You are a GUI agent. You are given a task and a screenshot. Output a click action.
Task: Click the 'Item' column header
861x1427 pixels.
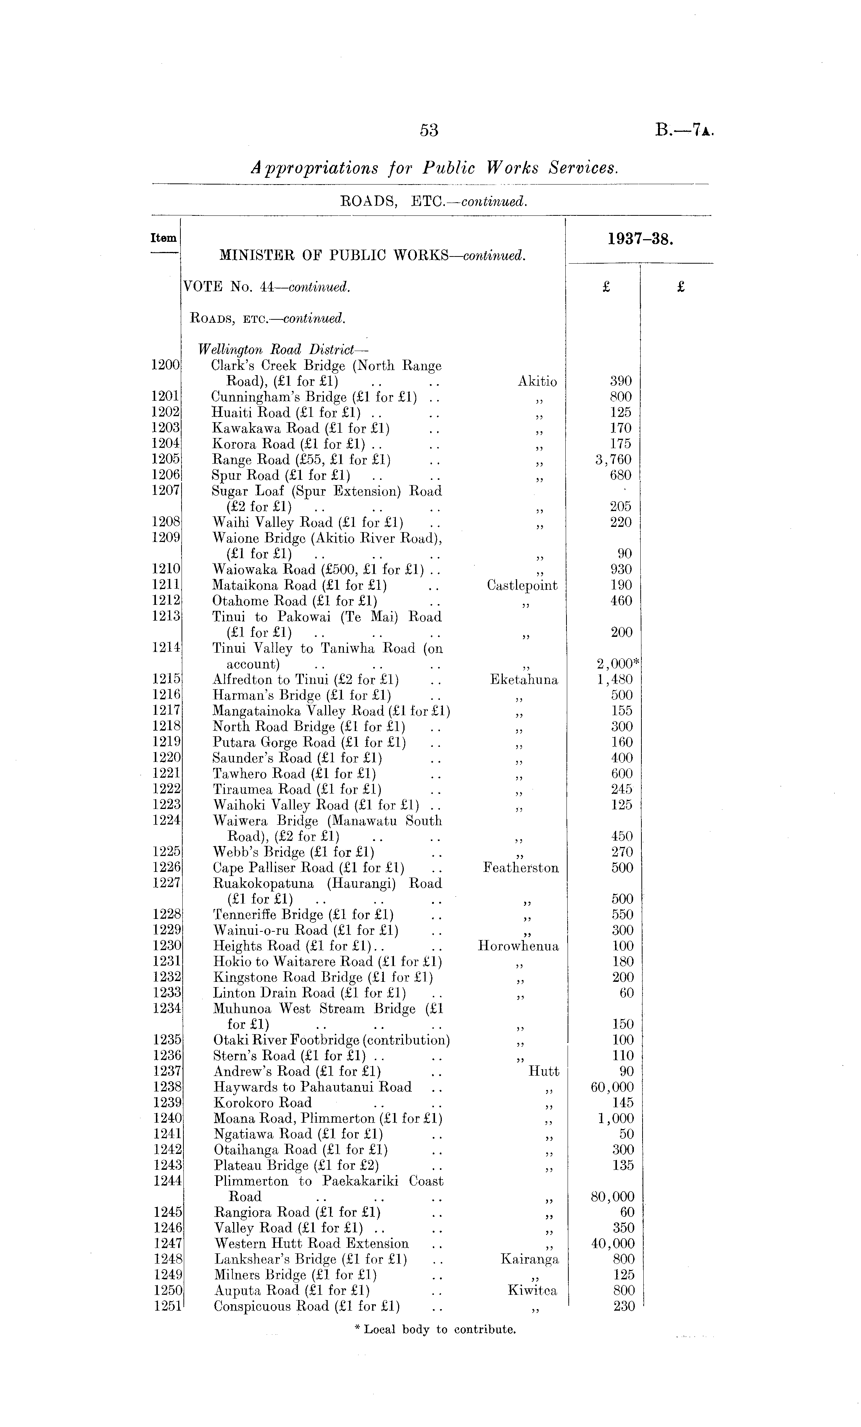163,238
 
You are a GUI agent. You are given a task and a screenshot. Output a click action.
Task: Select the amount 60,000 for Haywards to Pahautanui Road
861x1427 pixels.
612,1087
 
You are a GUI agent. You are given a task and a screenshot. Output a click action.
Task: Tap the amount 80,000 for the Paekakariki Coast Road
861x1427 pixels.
612,1197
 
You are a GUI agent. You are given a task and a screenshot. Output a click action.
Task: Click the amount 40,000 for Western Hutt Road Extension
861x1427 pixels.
612,1244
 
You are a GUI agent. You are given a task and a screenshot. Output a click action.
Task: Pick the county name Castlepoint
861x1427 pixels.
522,586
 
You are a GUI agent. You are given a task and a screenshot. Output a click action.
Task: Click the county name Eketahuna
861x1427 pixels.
524,680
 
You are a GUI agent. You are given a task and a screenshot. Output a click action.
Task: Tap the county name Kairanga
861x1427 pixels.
529,1259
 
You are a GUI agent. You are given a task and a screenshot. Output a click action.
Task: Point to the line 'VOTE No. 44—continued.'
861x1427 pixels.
266,287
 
